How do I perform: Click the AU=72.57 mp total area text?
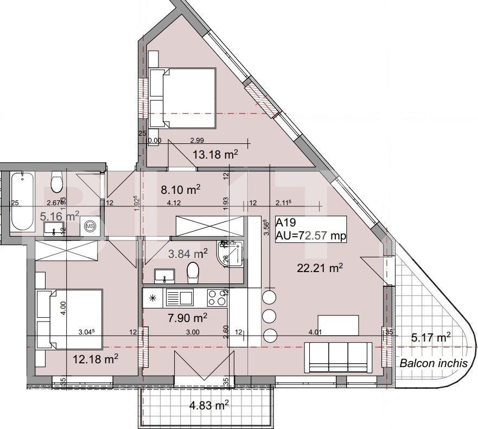(x=310, y=235)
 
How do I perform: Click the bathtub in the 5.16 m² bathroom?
(x=22, y=201)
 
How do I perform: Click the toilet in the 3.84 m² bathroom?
(x=193, y=272)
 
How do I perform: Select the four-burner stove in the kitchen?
(x=217, y=298)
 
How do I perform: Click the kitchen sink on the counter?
(x=180, y=298)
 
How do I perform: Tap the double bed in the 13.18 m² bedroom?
(x=182, y=98)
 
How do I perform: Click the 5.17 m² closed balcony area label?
(x=431, y=338)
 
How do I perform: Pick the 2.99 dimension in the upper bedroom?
(x=196, y=140)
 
